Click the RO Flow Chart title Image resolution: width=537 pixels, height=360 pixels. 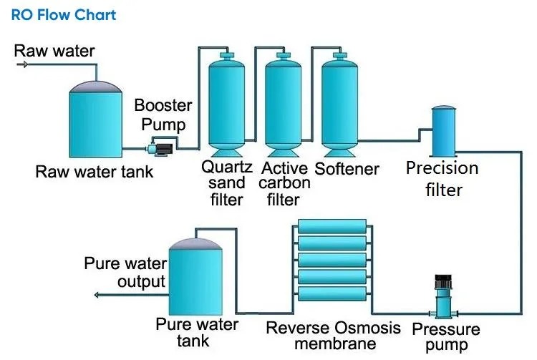click(64, 15)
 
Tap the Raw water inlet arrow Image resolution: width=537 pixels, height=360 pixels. click(23, 64)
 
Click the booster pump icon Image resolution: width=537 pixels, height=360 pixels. click(159, 149)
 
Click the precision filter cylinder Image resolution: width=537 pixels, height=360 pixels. click(444, 132)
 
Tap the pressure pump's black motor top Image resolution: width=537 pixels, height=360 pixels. click(443, 281)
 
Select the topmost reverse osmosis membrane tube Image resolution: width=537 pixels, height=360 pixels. click(332, 227)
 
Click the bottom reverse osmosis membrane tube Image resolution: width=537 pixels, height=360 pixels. click(332, 294)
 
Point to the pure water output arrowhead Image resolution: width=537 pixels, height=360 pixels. click(97, 295)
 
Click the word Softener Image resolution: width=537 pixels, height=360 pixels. click(347, 169)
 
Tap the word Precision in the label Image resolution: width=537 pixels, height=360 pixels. click(442, 168)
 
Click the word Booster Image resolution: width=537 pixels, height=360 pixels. click(163, 105)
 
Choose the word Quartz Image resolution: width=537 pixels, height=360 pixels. click(227, 167)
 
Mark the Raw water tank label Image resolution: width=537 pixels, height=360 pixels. click(95, 172)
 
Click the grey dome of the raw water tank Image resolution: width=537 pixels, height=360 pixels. click(95, 87)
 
